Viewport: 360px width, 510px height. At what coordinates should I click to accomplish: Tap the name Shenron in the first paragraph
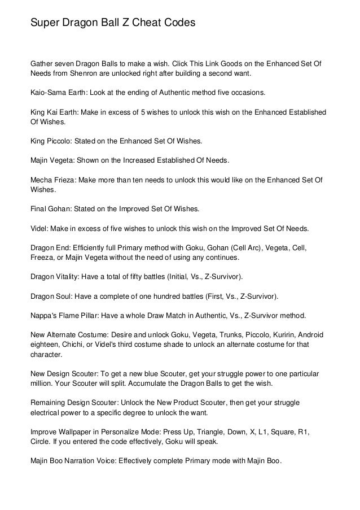(83, 74)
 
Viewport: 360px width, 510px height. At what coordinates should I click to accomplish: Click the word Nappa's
(43, 314)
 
